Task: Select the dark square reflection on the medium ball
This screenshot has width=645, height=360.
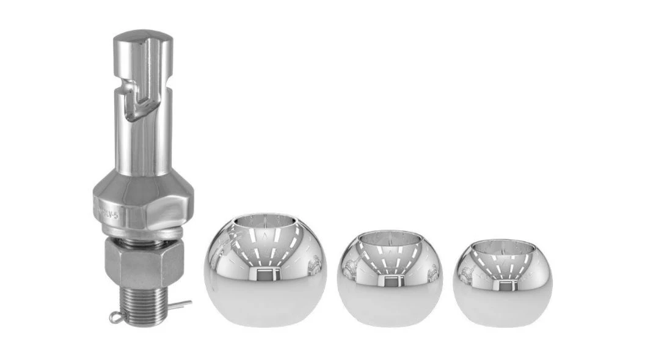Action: point(390,280)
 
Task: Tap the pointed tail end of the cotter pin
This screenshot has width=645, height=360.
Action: point(188,302)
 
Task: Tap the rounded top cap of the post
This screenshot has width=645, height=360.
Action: point(142,40)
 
